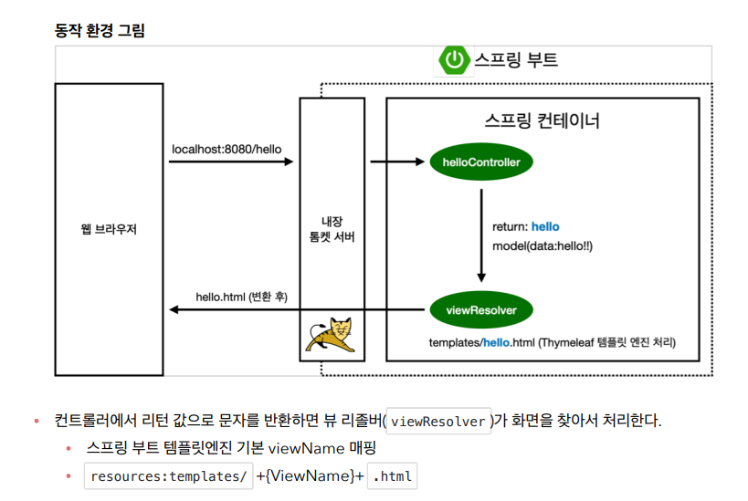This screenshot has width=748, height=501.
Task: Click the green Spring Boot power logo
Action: coord(454,60)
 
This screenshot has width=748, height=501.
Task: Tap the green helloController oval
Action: coord(481,162)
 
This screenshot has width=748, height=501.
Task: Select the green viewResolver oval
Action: coord(481,310)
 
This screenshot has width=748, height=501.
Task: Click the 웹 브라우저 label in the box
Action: coord(109,229)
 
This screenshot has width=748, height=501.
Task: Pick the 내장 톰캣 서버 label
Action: coord(332,229)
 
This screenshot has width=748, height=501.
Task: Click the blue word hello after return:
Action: coord(545,226)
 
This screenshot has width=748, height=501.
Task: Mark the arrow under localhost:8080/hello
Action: coord(230,162)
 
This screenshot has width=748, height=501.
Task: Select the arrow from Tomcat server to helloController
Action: coord(397,162)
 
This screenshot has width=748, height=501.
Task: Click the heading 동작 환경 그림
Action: coord(100,30)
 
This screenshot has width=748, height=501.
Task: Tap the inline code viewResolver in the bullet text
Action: coord(438,422)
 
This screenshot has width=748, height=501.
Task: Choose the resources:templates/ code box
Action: coord(168,476)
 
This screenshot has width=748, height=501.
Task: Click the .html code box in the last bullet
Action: coord(394,476)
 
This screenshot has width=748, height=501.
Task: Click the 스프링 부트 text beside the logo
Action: coord(515,60)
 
